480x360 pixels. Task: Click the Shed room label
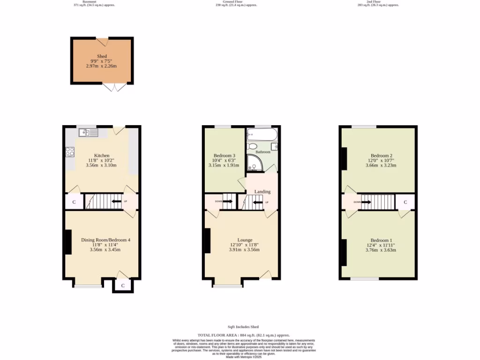coord(102,56)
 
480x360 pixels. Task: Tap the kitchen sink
coord(88,133)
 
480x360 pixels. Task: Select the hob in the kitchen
coord(70,151)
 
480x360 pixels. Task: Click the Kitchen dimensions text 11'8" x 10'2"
coord(102,160)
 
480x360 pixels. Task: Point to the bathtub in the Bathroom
coord(262,135)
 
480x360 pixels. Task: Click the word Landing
coord(262,192)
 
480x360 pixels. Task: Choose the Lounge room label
coord(244,240)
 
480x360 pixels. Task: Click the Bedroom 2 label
coord(381,156)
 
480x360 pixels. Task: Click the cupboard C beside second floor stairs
coord(405,202)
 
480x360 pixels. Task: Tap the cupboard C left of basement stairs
coord(74,202)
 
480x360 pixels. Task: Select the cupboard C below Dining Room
coord(123,285)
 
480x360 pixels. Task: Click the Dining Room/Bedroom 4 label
coord(105,240)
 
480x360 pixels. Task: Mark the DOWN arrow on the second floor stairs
coord(363,202)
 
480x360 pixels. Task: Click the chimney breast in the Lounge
coord(207,240)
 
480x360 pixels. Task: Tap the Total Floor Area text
coord(244,335)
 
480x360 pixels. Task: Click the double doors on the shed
coord(114,87)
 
